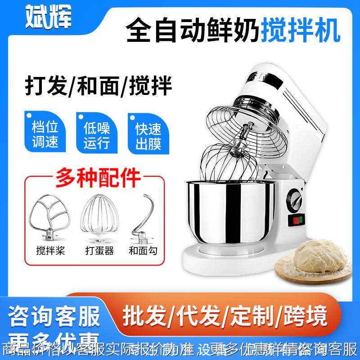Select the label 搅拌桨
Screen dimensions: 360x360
[50, 250]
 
